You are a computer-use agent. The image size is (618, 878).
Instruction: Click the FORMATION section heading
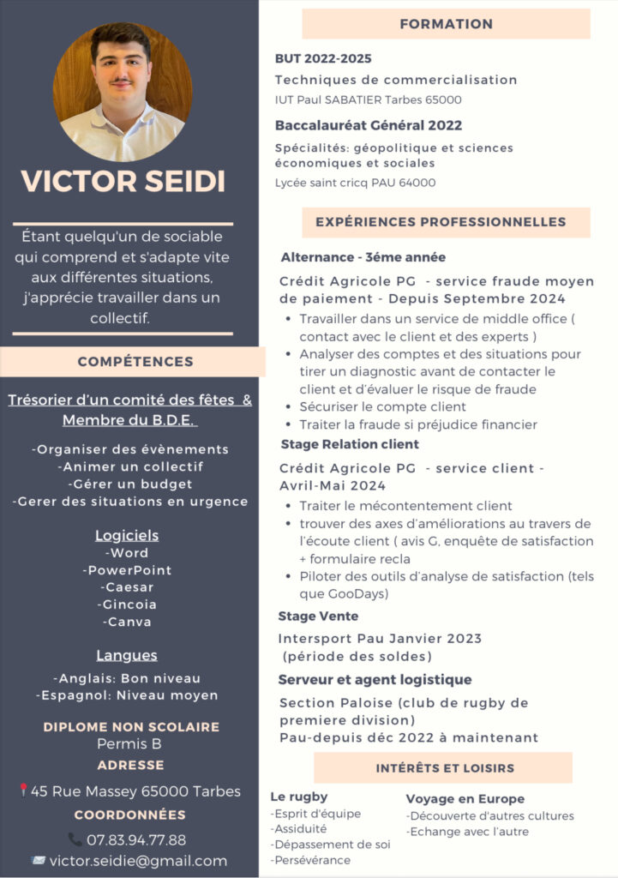446,24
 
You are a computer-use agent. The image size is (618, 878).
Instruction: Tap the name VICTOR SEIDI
123,181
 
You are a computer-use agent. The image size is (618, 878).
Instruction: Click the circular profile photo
123,92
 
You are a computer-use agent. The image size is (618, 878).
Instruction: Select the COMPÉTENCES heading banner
135,361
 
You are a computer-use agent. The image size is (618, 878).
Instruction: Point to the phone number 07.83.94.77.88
136,839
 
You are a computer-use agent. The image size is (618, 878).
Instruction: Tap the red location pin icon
23,791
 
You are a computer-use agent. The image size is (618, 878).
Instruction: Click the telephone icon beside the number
75,839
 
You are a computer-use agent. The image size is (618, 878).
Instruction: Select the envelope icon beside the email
38,860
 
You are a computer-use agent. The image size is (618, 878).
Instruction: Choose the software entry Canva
127,622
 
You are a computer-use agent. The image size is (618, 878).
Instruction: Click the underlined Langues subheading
127,655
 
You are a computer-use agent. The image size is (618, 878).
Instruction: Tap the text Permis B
129,743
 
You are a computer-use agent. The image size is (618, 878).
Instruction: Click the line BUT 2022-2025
323,58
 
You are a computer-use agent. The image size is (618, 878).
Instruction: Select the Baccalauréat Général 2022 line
368,125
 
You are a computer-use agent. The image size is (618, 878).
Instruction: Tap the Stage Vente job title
318,616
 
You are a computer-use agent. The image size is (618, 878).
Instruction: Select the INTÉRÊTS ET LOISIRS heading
445,767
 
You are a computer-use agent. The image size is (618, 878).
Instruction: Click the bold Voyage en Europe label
465,798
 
